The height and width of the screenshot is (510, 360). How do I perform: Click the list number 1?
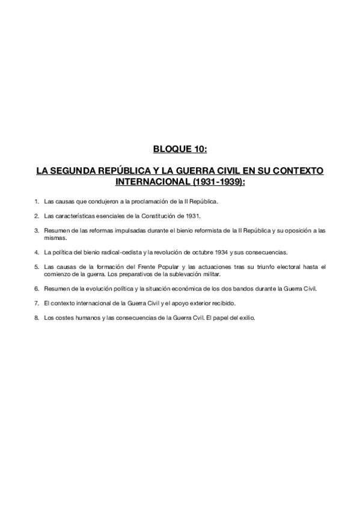tap(37, 200)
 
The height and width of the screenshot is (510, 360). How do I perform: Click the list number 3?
tap(37, 230)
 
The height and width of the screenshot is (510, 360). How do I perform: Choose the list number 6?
tap(37, 288)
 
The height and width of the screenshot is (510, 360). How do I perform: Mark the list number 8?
tap(37, 318)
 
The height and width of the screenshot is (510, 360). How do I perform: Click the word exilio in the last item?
tap(246, 318)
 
